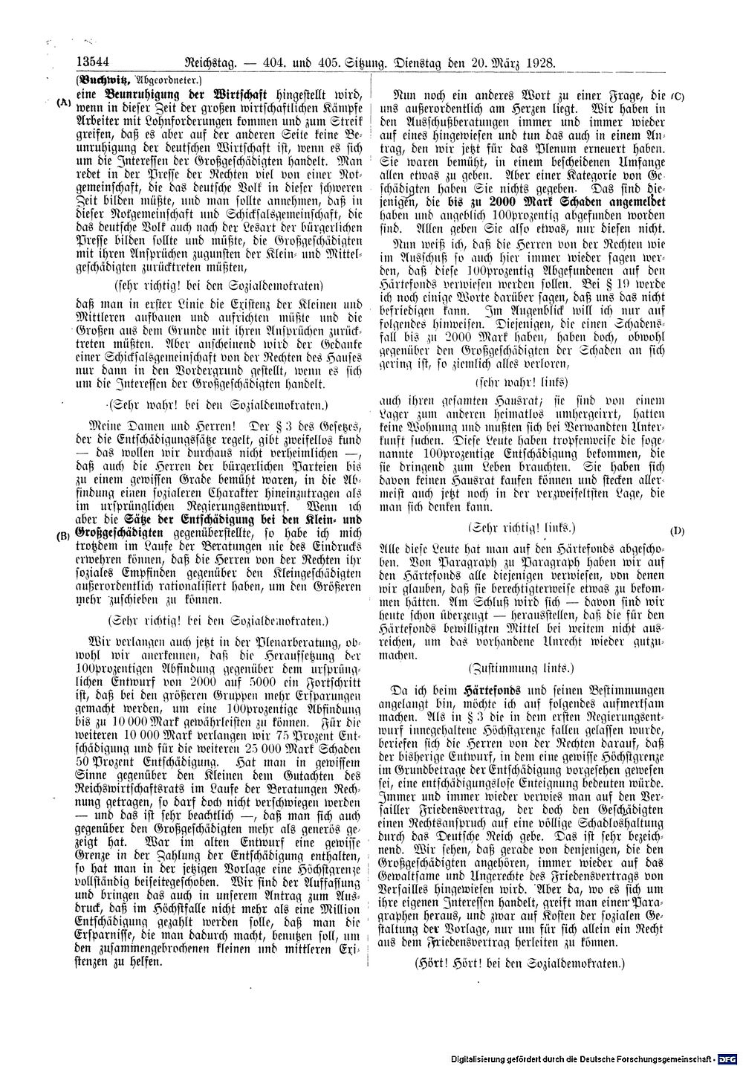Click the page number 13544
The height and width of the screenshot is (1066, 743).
click(x=92, y=63)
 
